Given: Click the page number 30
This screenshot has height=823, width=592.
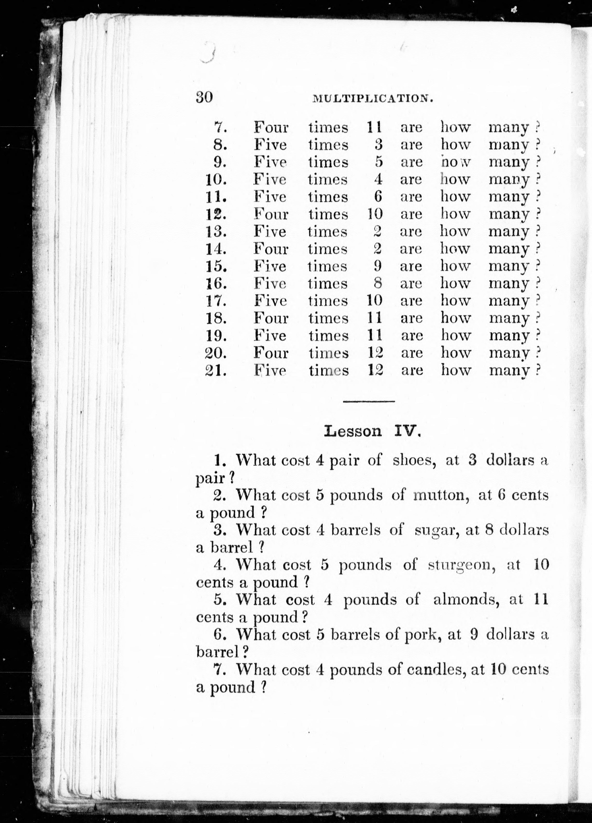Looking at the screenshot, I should [204, 97].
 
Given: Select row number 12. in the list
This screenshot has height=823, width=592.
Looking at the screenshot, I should [216, 214].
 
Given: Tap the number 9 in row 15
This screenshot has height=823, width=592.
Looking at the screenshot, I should [377, 266].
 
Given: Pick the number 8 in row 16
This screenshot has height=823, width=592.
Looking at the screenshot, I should [378, 284].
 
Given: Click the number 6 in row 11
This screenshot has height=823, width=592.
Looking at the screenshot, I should [378, 197].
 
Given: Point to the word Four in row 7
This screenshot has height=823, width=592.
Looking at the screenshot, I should [271, 128].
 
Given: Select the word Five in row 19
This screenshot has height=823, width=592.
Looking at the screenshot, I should [270, 336].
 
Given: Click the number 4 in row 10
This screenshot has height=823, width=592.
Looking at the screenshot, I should [378, 180].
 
